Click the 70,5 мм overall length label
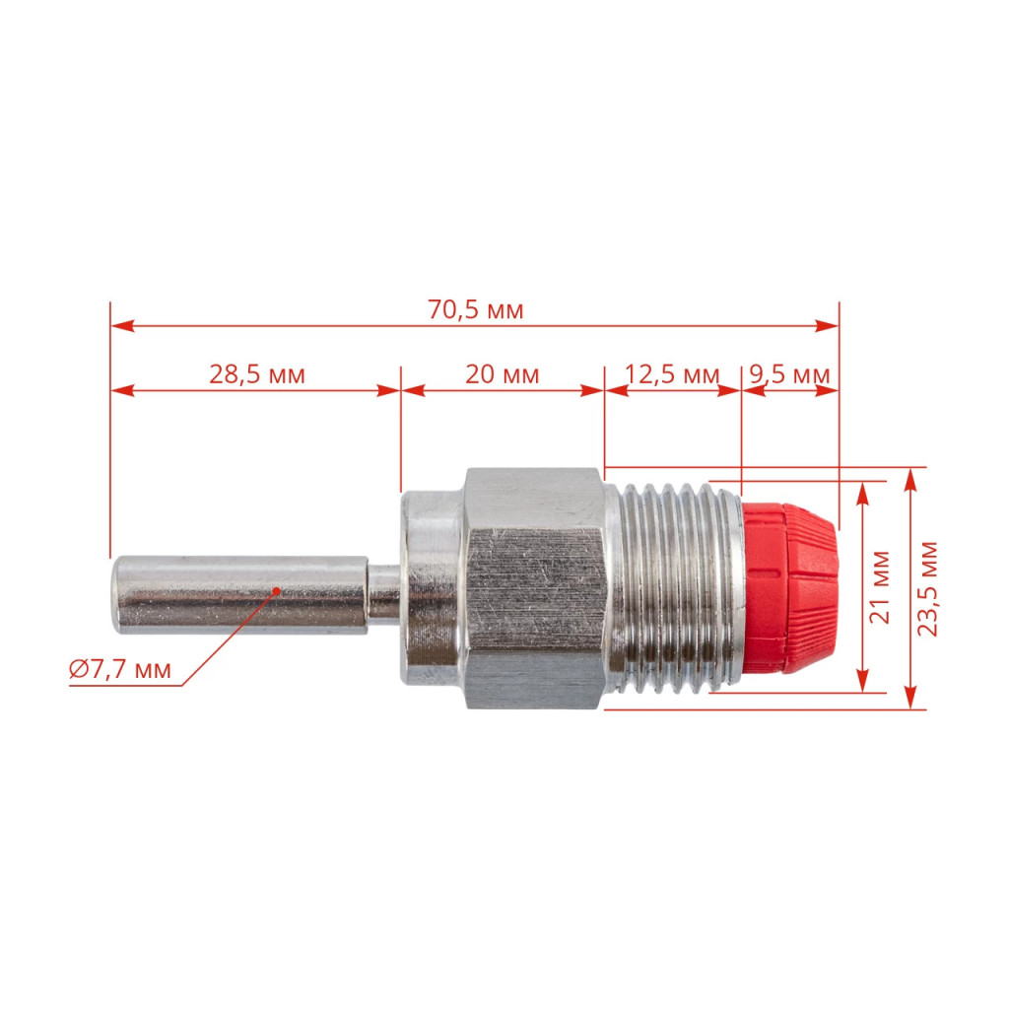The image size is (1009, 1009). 476,310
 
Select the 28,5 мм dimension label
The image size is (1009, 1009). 257,374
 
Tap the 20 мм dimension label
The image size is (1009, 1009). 502,374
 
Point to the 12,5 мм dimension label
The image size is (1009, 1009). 672,374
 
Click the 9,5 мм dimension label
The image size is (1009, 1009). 789,374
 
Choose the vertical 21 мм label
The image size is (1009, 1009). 880,587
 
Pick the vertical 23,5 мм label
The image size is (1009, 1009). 927,589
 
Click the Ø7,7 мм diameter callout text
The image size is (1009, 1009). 120,669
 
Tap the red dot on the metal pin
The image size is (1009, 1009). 277,590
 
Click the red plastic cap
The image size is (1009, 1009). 790,587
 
